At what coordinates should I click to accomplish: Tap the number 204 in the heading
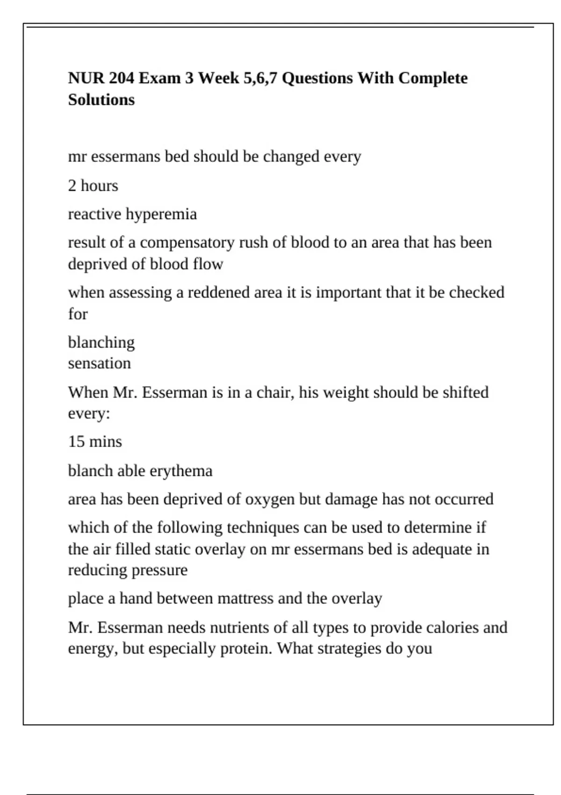[x=121, y=78]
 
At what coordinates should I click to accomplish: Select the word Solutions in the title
[x=101, y=100]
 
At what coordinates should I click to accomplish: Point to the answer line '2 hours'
[x=93, y=186]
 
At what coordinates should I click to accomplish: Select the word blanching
[x=101, y=342]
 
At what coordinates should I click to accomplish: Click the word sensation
[x=99, y=363]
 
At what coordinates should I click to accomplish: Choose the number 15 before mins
[x=76, y=441]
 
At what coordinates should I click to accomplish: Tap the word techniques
[x=263, y=528]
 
